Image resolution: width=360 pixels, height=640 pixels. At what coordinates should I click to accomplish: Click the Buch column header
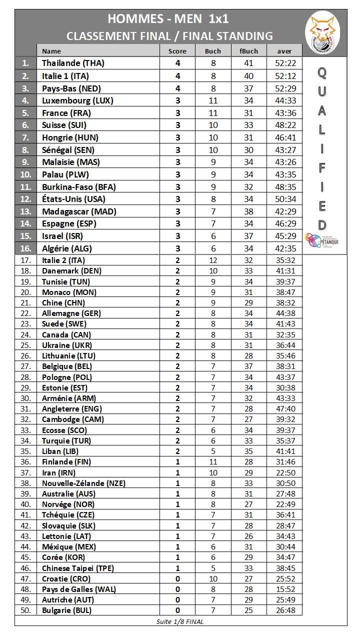[x=213, y=51]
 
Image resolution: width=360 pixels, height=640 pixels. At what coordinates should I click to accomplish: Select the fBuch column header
[x=248, y=51]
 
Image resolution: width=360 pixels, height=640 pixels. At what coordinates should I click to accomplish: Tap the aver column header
[x=285, y=51]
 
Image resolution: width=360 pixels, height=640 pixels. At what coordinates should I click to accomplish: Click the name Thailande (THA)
[x=73, y=63]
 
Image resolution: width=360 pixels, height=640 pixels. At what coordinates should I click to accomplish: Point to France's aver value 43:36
[x=285, y=113]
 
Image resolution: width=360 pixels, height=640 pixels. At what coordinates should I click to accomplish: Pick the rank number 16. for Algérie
[x=26, y=248]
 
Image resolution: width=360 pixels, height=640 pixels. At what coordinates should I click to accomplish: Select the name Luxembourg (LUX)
[x=77, y=100]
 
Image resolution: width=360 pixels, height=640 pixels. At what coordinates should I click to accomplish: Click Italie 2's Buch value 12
[x=213, y=260]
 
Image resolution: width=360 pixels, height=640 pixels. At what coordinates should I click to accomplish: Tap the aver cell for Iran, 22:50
[x=285, y=472]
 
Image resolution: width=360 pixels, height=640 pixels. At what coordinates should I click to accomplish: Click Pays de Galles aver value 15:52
[x=285, y=589]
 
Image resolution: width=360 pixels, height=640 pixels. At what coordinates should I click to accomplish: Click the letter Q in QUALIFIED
[x=322, y=72]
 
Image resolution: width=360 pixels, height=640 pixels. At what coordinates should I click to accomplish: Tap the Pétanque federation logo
[x=321, y=240]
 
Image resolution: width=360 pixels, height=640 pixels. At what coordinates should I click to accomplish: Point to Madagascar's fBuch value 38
[x=248, y=211]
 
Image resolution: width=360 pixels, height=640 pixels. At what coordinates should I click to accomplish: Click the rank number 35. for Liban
[x=26, y=451]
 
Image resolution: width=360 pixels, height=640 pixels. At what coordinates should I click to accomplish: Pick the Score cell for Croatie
[x=177, y=578]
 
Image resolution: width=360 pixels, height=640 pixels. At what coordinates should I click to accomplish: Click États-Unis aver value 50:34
[x=285, y=199]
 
